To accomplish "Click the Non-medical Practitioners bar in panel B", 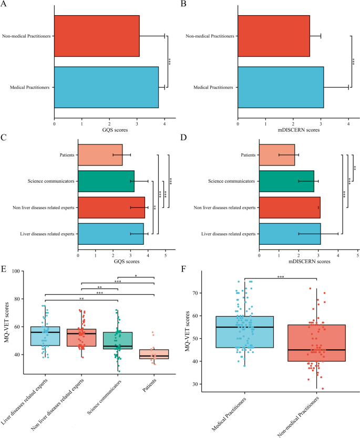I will pyautogui.click(x=273, y=36).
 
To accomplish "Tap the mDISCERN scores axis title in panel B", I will pyautogui.click(x=293, y=130).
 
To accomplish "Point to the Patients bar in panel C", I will pyautogui.click(x=100, y=155).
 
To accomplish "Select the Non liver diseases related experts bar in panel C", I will pyautogui.click(x=111, y=207).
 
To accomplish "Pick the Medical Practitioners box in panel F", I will pyautogui.click(x=244, y=339).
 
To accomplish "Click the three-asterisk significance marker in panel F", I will pyautogui.click(x=280, y=275).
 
